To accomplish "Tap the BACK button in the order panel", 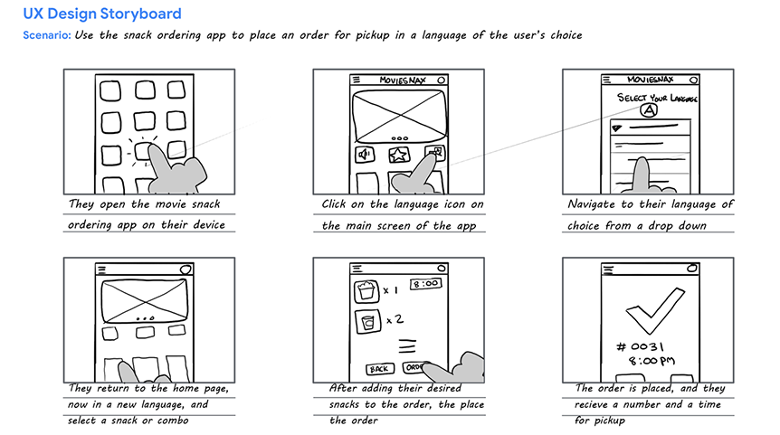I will [379, 368].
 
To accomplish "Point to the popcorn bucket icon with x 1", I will [366, 289].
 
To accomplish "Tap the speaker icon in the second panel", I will [366, 155].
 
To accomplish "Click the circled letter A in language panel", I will [649, 110].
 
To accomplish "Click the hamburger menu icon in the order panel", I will [356, 268].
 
